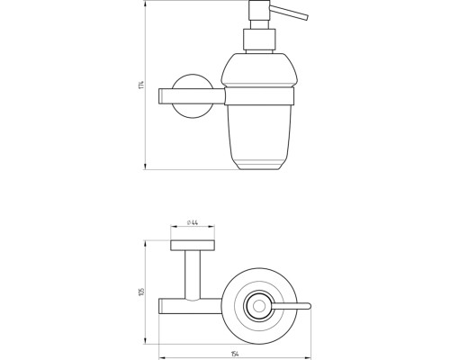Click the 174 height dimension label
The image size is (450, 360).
pos(142,85)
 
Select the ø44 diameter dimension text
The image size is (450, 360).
pos(193,222)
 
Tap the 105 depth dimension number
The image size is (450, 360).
pos(141,292)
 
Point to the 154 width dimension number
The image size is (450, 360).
pos(235,354)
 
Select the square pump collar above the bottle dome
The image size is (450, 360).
pos(259,40)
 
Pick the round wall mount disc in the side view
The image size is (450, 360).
pos(193,96)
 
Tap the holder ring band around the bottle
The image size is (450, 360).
pos(259,96)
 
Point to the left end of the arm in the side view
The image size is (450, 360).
pos(158,96)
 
